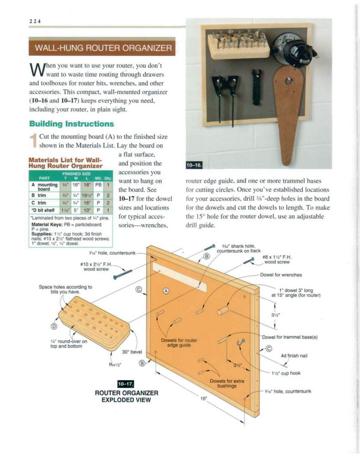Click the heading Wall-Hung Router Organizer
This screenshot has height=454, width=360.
point(102,47)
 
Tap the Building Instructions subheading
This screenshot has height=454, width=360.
point(71,124)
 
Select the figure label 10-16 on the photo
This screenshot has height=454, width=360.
point(191,165)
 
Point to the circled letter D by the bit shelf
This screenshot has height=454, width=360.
point(55,326)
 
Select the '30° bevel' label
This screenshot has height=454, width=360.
point(132,352)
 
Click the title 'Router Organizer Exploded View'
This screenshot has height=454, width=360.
point(126,396)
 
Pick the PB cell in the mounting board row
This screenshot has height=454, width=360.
point(98,185)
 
